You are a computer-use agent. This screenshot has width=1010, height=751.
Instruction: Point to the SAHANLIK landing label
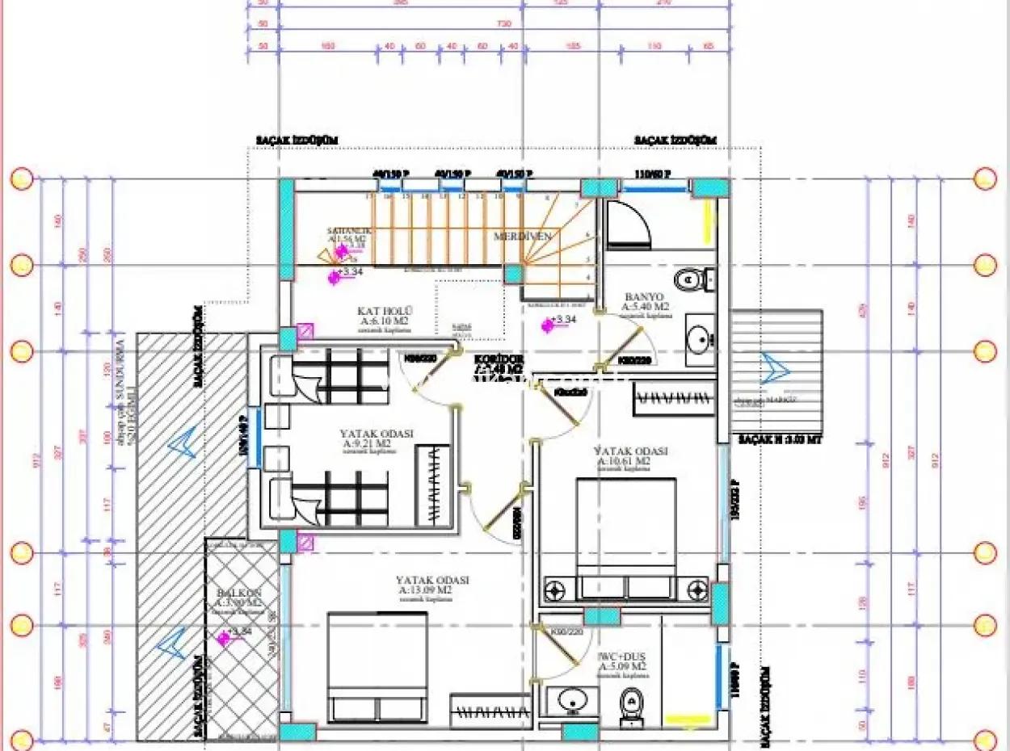pyautogui.click(x=347, y=229)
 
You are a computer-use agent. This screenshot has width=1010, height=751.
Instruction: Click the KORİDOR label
pyautogui.click(x=495, y=358)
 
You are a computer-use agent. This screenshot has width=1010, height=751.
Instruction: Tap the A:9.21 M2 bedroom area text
pyautogui.click(x=377, y=443)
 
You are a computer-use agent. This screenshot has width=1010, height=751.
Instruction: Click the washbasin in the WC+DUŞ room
pyautogui.click(x=572, y=701)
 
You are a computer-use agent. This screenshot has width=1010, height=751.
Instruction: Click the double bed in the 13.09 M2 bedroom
pyautogui.click(x=377, y=666)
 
